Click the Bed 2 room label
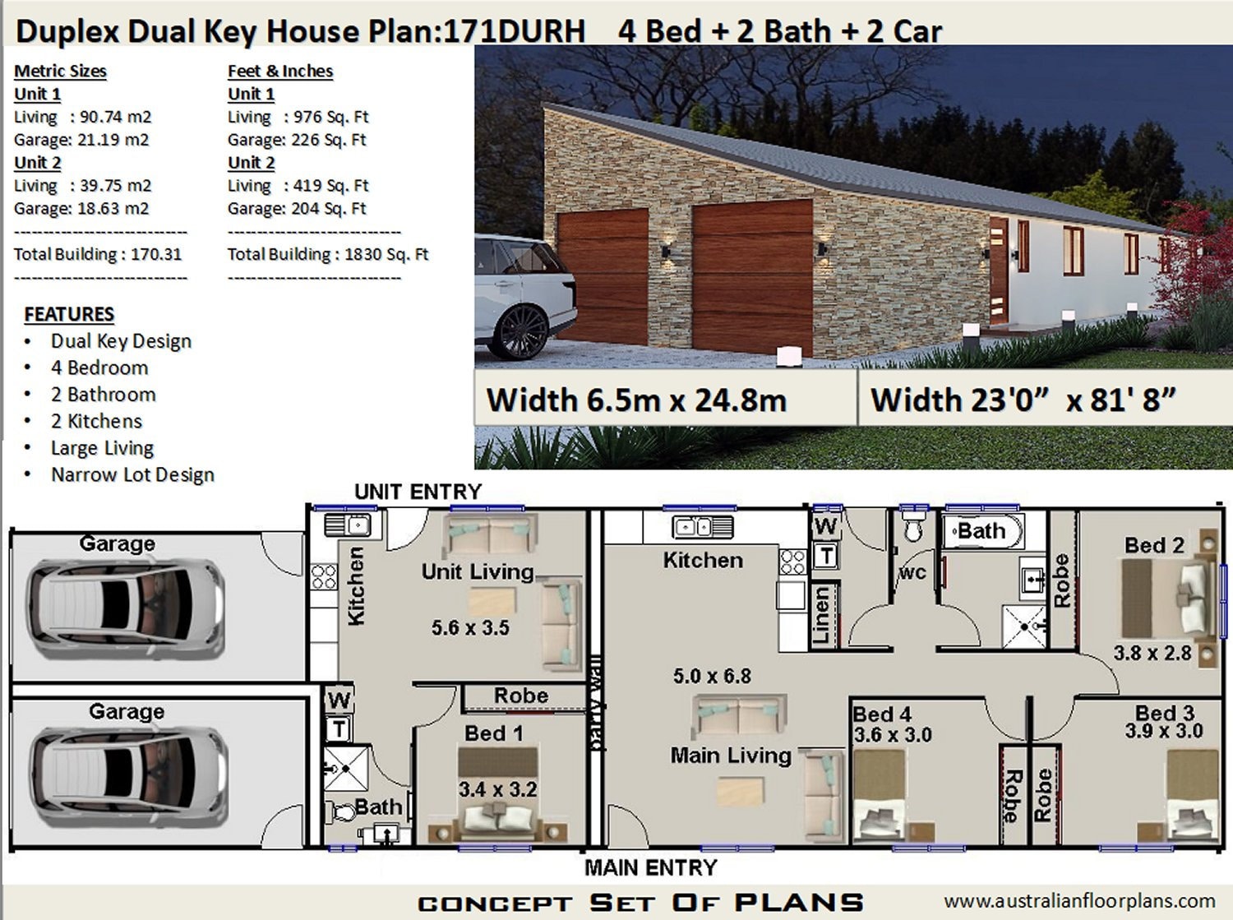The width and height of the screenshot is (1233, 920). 1154,545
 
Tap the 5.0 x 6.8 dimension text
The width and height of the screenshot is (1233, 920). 712,676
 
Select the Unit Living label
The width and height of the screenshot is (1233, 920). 478,571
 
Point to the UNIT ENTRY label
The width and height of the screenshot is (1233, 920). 418,492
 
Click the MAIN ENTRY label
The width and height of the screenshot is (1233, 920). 650,867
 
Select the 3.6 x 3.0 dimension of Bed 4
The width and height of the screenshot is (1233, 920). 893,735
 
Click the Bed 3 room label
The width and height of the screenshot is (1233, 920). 1164,712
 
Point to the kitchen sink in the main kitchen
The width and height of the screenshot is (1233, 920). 702,526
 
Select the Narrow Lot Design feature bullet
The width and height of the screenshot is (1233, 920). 132,474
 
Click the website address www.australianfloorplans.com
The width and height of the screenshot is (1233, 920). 1078,901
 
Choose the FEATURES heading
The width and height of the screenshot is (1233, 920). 69,314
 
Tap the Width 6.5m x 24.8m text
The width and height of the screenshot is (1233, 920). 636,400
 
